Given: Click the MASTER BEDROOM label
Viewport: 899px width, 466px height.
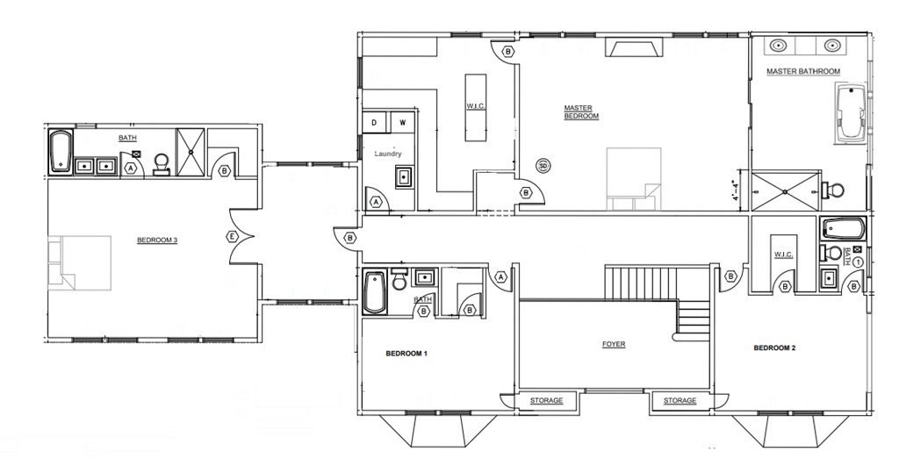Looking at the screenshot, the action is click(581, 111).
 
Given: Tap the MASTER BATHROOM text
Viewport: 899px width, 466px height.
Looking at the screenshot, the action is click(803, 72).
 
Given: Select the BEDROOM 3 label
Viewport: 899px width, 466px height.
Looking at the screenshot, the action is click(157, 240).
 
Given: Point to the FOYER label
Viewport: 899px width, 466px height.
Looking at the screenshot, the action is click(614, 345).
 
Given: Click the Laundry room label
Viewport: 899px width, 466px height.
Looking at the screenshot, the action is click(388, 154).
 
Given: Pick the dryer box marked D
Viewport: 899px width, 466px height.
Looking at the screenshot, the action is click(374, 122).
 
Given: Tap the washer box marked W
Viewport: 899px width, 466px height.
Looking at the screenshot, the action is click(402, 122).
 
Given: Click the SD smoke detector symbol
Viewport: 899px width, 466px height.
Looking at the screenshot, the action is click(543, 166).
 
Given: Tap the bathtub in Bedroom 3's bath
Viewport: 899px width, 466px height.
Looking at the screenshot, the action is click(61, 152).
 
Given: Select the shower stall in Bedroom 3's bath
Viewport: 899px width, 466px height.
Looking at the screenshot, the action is click(190, 151).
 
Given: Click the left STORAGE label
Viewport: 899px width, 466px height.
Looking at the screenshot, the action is click(546, 401).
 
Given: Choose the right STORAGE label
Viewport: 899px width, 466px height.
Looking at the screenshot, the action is click(680, 401).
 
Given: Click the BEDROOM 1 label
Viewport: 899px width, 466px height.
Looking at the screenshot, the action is click(406, 354).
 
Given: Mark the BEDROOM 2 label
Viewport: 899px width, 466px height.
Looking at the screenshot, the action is click(774, 348).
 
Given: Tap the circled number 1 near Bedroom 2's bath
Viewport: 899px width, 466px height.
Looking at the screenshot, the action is click(858, 262).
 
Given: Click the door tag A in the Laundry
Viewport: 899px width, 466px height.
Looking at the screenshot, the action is click(376, 203).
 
